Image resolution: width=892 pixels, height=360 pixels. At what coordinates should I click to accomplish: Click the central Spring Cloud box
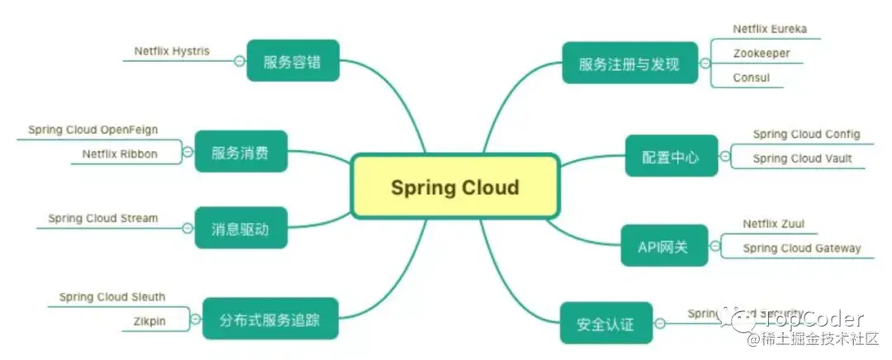tap(455, 187)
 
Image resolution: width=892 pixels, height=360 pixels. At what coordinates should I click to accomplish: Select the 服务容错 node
tap(292, 61)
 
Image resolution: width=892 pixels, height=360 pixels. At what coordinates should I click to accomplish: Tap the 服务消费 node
tap(240, 152)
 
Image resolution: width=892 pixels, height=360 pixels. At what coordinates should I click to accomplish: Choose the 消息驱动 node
tap(240, 228)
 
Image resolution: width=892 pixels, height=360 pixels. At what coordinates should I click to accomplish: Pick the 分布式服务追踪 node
tap(270, 319)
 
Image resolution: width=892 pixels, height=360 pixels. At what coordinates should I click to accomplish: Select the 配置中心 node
tap(670, 156)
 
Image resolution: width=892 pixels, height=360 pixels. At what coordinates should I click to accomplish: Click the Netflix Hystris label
tap(172, 51)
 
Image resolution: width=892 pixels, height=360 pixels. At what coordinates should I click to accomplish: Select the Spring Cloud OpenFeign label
tap(93, 130)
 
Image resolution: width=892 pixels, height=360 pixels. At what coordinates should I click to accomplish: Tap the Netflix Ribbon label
tap(120, 154)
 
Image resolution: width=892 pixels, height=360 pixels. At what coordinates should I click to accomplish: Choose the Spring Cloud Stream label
tap(102, 219)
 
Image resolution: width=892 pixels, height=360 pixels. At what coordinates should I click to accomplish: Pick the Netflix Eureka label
tap(770, 29)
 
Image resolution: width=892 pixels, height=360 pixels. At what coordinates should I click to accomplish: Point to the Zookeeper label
tap(762, 54)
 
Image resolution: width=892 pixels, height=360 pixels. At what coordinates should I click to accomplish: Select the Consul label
tap(752, 78)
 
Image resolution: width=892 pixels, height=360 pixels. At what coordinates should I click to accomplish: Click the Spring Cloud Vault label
tap(802, 158)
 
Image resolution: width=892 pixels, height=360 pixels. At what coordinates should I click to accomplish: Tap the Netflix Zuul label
tap(773, 224)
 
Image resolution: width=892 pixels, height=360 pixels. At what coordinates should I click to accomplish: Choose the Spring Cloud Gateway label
tap(801, 248)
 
